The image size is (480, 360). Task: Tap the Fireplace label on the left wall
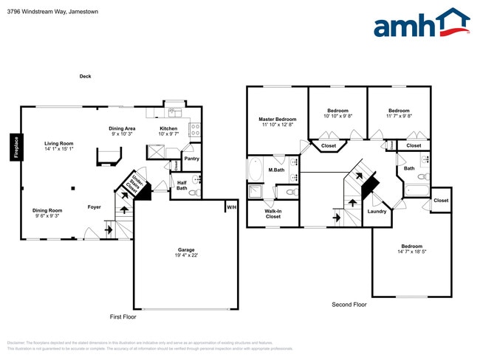tap(15, 145)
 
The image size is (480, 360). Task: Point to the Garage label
tap(186, 252)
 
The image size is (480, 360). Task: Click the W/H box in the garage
tap(231, 206)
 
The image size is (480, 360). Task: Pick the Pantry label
tap(191, 159)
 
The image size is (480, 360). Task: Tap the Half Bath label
tap(182, 185)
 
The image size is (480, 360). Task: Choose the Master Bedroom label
tap(277, 122)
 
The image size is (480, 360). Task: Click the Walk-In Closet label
tap(273, 214)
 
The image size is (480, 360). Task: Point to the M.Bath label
tap(276, 170)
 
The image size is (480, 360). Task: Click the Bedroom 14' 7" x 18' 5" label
tap(411, 249)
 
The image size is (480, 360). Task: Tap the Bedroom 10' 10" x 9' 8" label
tap(337, 113)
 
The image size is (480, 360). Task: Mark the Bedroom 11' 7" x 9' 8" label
tap(399, 113)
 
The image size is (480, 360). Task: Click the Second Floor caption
tap(349, 304)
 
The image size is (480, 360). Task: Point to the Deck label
tap(86, 77)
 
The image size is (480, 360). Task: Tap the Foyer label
tap(95, 207)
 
